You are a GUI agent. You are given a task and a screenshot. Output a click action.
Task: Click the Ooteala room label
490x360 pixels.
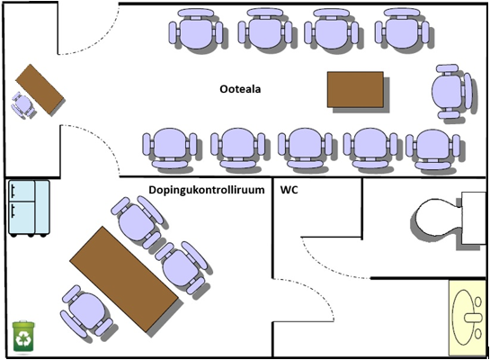[x=240, y=89]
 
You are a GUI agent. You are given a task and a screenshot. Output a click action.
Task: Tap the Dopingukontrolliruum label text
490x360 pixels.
[x=207, y=190]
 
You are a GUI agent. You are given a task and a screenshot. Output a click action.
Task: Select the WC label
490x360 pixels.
[x=290, y=190]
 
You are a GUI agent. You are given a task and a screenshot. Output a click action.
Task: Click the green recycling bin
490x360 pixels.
[x=23, y=337]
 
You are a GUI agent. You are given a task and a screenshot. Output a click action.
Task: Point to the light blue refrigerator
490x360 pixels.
[x=29, y=208]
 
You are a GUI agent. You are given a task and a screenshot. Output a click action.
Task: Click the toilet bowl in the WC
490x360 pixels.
[x=439, y=217]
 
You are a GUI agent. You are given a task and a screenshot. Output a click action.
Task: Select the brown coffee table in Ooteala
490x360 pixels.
[x=355, y=89]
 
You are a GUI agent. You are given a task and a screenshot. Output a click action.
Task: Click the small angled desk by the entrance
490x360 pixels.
[x=40, y=89]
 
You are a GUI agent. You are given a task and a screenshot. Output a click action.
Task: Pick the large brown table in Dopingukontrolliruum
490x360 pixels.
[x=124, y=279]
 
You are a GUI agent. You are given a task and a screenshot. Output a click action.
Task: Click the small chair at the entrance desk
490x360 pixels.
[x=22, y=104]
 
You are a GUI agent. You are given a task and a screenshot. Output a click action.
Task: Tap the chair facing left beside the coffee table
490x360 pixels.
[x=451, y=91]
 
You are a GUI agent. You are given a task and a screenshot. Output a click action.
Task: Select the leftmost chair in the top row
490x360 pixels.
[x=196, y=29]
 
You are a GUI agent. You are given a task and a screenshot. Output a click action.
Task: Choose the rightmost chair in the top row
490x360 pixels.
[x=402, y=29]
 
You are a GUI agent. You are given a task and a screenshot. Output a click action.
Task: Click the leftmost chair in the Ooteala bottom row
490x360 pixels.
[x=170, y=148]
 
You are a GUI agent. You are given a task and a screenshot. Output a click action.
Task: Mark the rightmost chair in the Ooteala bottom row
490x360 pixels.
[x=432, y=149]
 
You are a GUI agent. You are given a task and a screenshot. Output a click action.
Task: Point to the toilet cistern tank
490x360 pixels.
[x=474, y=218]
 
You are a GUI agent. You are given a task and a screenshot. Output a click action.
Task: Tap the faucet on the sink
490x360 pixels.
[x=474, y=318]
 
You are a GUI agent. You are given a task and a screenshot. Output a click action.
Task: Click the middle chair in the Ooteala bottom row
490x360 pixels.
[x=305, y=148]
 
